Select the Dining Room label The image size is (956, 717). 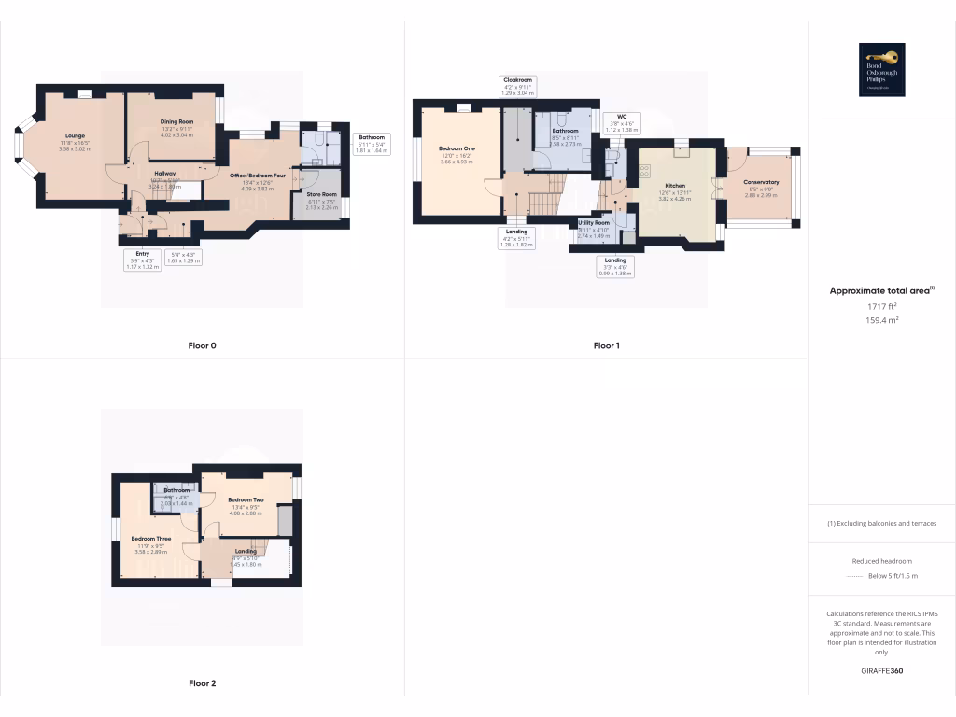click(176, 121)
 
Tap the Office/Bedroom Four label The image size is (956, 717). click(257, 176)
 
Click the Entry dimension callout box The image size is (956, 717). click(143, 259)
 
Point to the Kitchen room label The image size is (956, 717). click(674, 186)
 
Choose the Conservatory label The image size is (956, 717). click(761, 182)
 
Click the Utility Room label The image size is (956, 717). click(594, 223)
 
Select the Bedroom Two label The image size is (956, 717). click(246, 500)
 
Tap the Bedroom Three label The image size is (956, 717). click(150, 539)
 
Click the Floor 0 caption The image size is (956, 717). click(202, 345)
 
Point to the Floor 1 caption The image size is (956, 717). click(607, 345)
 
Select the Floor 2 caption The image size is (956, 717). click(202, 683)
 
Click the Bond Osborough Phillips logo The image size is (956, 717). click(881, 70)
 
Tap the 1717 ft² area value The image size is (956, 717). click(881, 305)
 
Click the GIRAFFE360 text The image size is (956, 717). click(882, 671)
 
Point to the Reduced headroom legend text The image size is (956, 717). click(882, 561)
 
